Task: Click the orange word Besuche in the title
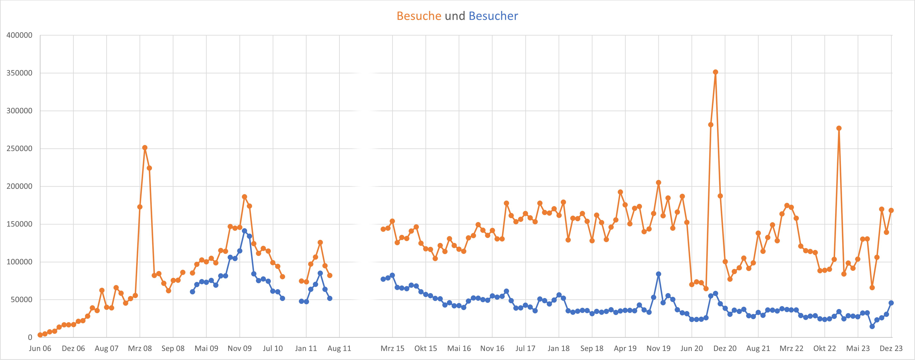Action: coord(419,16)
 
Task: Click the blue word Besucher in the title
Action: coord(493,16)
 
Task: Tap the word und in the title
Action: coord(455,16)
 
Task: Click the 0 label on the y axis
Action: coord(30,337)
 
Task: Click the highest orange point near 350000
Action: coord(715,72)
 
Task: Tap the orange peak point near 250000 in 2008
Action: coord(144,147)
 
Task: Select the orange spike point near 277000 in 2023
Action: coord(839,128)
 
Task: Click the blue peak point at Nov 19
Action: coord(658,274)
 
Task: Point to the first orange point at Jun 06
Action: coord(40,335)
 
